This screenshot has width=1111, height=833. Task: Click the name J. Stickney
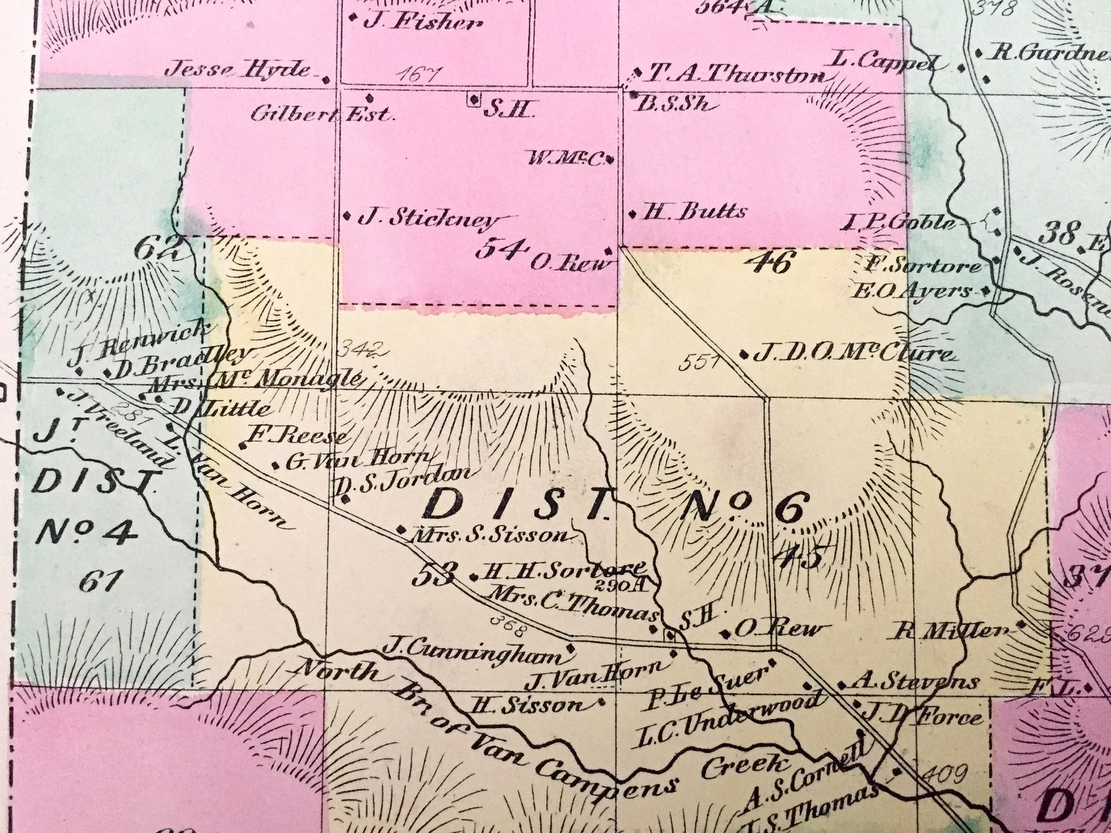(428, 218)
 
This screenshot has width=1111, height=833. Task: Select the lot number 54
(500, 248)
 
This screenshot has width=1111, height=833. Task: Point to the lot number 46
(770, 263)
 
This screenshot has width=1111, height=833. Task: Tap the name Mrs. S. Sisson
(492, 535)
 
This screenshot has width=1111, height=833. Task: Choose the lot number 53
(434, 574)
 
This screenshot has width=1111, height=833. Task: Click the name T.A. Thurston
(736, 73)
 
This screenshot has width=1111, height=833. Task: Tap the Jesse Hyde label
(238, 69)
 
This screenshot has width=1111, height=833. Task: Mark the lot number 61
(101, 580)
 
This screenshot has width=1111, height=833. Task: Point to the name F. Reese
(297, 436)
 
